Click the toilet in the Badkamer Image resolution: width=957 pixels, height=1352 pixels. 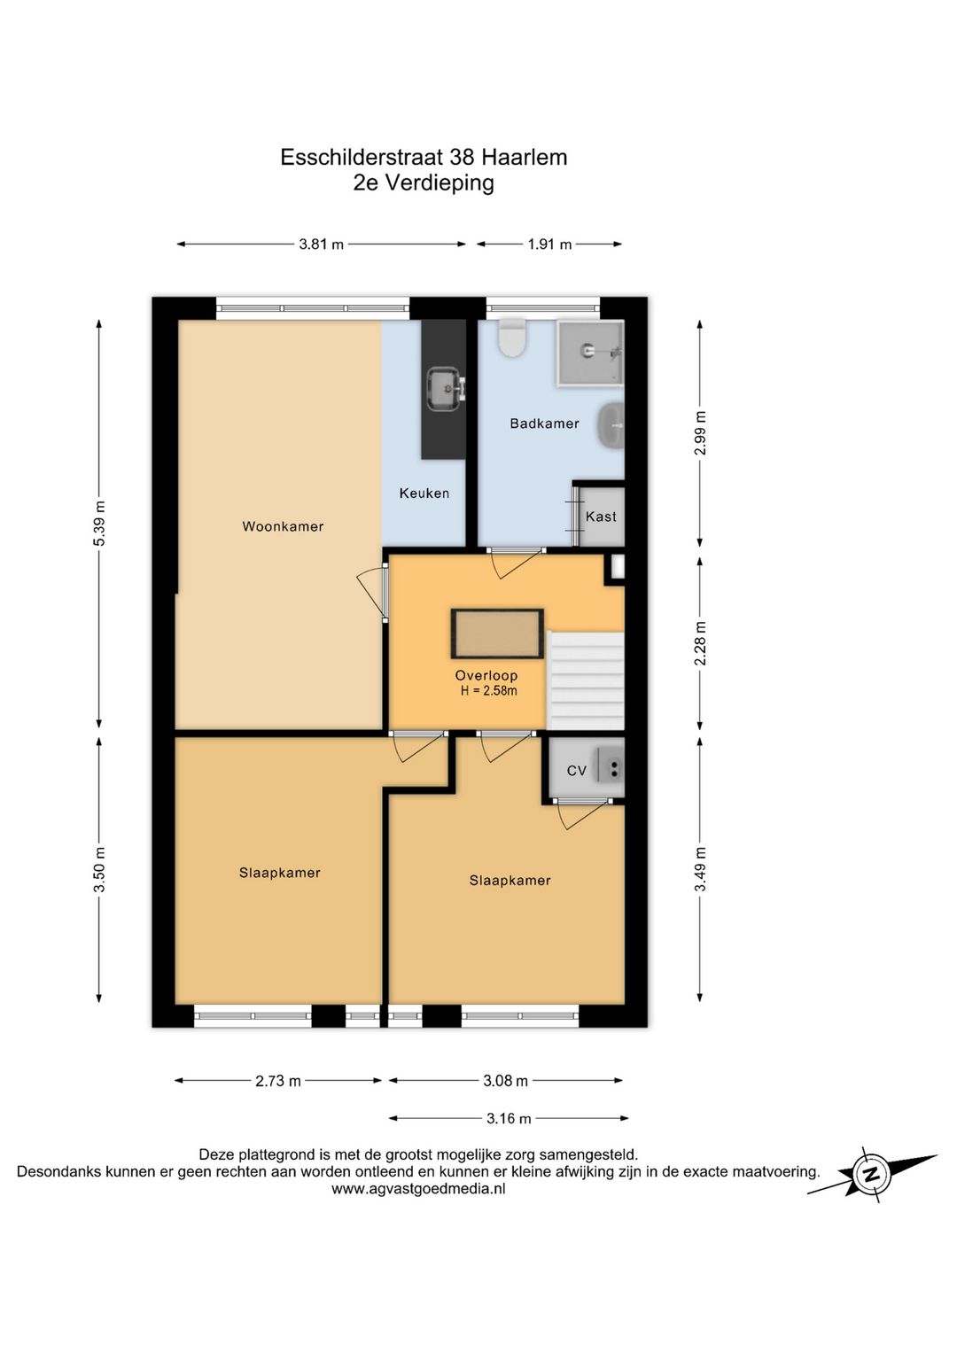[511, 338]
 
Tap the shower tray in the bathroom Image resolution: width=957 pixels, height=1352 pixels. [590, 353]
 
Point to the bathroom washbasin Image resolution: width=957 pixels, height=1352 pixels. [611, 425]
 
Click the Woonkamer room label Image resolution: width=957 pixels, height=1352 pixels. [283, 526]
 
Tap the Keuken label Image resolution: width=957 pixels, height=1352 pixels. [424, 493]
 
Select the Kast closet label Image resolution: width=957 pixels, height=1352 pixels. [601, 517]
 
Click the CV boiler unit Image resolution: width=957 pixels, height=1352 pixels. [610, 766]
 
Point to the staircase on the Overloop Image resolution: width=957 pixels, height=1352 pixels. [585, 680]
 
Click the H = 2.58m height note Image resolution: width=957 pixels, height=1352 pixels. [488, 691]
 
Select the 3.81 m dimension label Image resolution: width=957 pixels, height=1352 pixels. [321, 245]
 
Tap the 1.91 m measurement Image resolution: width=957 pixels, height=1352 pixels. [549, 245]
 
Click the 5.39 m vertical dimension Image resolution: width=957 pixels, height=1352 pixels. [99, 524]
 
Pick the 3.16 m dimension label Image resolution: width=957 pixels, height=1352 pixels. [509, 1118]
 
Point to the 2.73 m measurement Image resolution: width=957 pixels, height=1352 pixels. [277, 1080]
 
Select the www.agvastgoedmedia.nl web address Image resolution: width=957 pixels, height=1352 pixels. [418, 1189]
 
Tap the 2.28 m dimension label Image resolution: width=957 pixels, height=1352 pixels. [700, 643]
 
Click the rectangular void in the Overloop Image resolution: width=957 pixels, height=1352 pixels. [497, 633]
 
